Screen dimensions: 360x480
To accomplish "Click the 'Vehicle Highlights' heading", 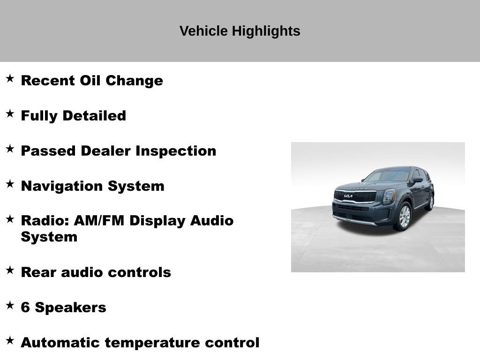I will (240, 31).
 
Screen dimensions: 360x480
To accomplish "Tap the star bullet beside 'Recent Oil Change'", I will (10, 78).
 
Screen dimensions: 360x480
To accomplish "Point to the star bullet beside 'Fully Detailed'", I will (10, 113).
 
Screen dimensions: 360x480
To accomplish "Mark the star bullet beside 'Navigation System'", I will (10, 184).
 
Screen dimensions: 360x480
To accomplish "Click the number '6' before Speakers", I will (25, 307).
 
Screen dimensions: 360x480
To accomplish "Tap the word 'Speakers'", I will (70, 307).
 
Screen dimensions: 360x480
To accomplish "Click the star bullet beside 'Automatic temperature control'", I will (10, 340).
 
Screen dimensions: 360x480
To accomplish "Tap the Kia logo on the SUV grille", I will (348, 196).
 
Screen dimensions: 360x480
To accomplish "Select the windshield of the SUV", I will (388, 176).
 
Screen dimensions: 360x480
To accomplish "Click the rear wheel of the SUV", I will (430, 202).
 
